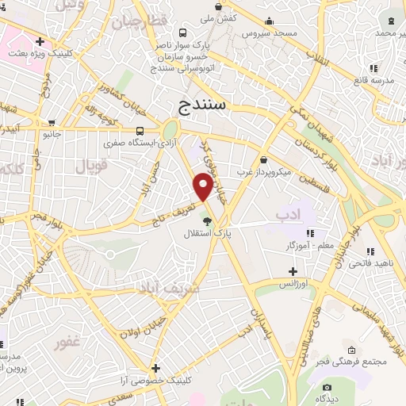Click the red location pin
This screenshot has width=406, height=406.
pos(203,186)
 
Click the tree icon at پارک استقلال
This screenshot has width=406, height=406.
pos(207,221)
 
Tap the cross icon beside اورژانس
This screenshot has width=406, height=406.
pos(293,271)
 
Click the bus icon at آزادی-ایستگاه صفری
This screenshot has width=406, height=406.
pos(140,132)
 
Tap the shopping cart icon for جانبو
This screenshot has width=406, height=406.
pos(52,124)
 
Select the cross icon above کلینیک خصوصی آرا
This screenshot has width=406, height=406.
pos(156,368)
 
